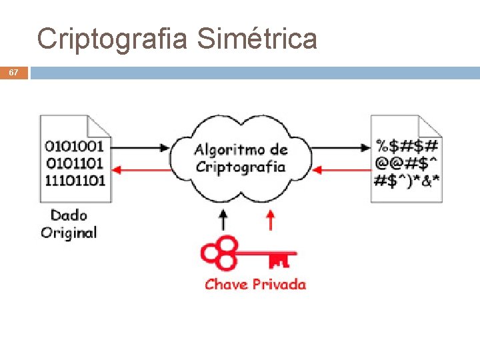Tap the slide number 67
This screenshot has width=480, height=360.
pos(13,72)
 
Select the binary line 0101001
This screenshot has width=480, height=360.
pos(75,146)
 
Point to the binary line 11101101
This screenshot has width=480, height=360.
pos(75,180)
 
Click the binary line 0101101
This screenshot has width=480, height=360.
pos(75,163)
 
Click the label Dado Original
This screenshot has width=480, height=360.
pos(69,224)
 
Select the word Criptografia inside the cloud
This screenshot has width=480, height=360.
pos(240,167)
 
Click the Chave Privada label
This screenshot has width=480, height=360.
pos(255,285)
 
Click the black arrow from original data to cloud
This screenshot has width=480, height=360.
pos(141,147)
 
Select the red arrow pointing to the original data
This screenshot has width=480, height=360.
pos(141,171)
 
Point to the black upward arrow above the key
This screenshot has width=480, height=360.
pos(223,220)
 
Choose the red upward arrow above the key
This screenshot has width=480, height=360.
pos(270,220)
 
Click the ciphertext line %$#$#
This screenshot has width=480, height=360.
pos(407,146)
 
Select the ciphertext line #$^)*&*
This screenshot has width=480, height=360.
pos(407,180)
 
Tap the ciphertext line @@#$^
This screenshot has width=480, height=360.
pos(407,163)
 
